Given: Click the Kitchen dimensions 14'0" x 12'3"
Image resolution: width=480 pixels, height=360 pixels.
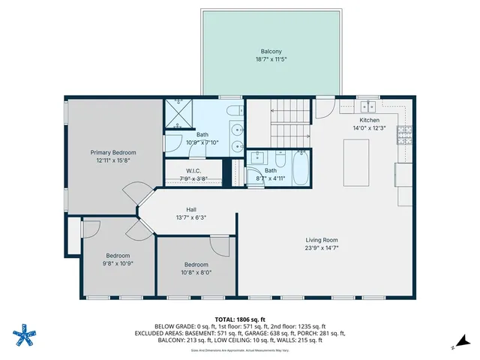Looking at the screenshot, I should [x=369, y=128].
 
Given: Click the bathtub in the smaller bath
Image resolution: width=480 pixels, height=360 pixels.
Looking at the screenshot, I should [x=300, y=169].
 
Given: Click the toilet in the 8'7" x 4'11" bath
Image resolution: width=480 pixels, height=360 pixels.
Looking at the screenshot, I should [x=280, y=160].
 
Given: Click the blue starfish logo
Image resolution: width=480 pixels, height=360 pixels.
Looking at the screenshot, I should [x=26, y=334].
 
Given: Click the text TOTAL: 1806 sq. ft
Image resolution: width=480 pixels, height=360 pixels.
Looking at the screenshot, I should [x=240, y=319].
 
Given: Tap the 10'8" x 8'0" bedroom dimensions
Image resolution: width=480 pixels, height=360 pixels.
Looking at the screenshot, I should [x=196, y=273].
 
